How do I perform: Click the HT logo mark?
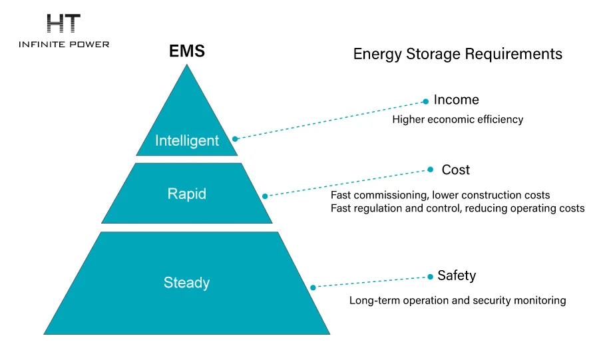[x=64, y=24]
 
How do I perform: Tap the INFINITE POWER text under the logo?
[x=64, y=44]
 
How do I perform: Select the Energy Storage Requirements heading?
[x=457, y=54]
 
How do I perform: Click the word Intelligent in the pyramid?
[x=187, y=140]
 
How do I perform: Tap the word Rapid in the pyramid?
[x=187, y=194]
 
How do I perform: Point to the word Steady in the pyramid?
[x=187, y=282]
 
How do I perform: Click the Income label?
[x=456, y=100]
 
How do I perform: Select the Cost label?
[x=456, y=170]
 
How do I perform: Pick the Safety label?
[x=457, y=275]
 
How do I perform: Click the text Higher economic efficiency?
[x=458, y=120]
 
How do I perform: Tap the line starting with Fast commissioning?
[x=441, y=195]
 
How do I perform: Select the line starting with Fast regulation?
[x=458, y=208]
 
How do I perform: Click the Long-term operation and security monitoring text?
[x=458, y=300]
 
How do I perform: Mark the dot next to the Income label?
[x=426, y=102]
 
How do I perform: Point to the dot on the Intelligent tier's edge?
[x=235, y=139]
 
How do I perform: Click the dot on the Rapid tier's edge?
[x=264, y=196]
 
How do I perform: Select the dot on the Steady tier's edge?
[x=313, y=287]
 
